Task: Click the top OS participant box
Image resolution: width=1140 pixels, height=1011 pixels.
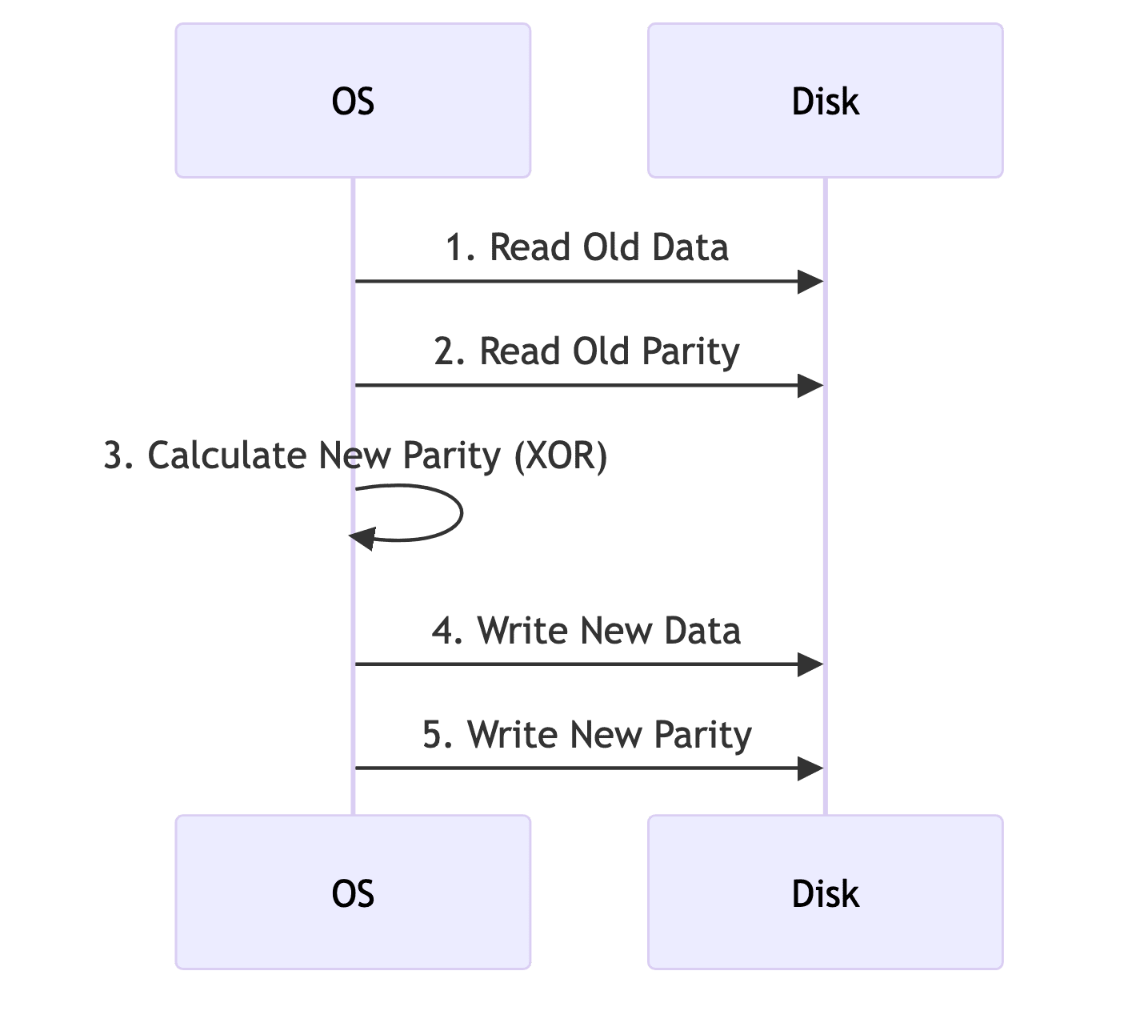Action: pyautogui.click(x=353, y=101)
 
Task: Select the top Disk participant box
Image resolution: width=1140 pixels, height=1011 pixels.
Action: pyautogui.click(x=825, y=101)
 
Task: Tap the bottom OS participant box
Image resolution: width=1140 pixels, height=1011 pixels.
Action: pyautogui.click(x=353, y=893)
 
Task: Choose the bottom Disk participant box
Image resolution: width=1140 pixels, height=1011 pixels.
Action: pyautogui.click(x=825, y=893)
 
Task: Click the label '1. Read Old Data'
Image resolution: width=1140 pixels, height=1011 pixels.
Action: pyautogui.click(x=586, y=247)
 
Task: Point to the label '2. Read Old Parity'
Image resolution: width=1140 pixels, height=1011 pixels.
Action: pyautogui.click(x=586, y=351)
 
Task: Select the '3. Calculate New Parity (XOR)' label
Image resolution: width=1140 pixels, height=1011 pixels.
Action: pyautogui.click(x=355, y=455)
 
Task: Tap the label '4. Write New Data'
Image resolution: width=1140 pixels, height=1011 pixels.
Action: pyautogui.click(x=586, y=631)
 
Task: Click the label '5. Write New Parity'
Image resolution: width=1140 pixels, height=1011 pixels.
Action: pyautogui.click(x=586, y=735)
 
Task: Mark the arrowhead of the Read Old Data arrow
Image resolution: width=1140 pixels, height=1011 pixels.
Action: pyautogui.click(x=810, y=282)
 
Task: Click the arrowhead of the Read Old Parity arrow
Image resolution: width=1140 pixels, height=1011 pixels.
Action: pyautogui.click(x=810, y=386)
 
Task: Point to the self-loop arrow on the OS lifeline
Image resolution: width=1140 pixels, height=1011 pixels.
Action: pyautogui.click(x=460, y=512)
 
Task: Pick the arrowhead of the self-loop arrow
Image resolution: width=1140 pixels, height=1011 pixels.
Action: pyautogui.click(x=362, y=539)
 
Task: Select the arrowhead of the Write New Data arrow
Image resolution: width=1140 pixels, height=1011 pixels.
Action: pyautogui.click(x=810, y=664)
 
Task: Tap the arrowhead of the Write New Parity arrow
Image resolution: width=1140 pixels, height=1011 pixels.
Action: pyautogui.click(x=810, y=768)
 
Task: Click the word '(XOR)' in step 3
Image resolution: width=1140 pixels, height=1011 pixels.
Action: pyautogui.click(x=560, y=455)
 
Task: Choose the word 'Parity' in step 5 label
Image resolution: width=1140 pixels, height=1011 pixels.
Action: pyautogui.click(x=702, y=735)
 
